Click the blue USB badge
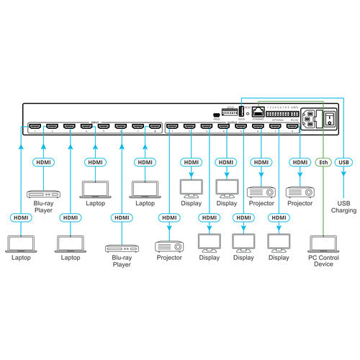click(345, 163)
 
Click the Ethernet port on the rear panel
click(258, 112)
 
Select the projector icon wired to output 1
click(169, 243)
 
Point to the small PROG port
click(215, 114)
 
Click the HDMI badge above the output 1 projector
click(170, 217)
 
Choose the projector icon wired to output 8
click(299, 192)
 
